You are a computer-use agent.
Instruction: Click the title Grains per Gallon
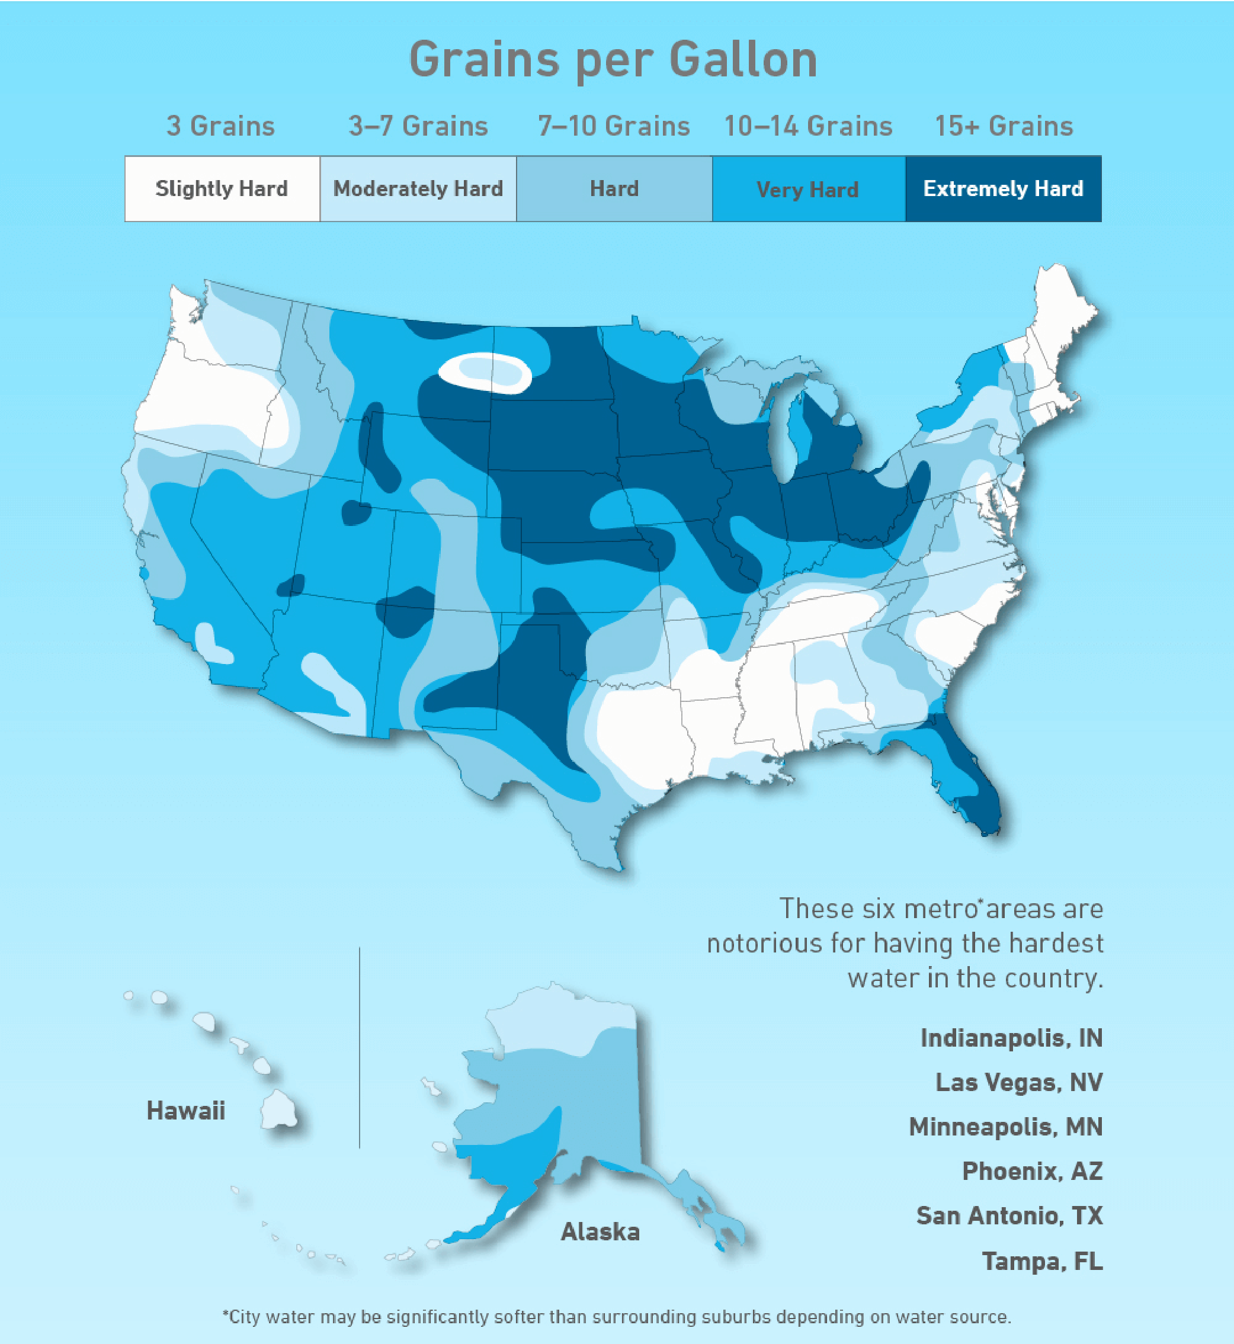(613, 60)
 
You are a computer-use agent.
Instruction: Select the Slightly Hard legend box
(222, 189)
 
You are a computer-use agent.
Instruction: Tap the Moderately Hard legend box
(418, 189)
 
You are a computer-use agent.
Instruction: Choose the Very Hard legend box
(808, 189)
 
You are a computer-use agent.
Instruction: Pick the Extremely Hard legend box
(1003, 189)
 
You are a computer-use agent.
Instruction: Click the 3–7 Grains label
(418, 126)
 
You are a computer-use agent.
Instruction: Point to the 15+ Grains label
(1004, 126)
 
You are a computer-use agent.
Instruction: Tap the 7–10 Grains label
(614, 126)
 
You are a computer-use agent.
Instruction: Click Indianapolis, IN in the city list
(1011, 1038)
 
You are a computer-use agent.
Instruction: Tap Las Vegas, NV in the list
(1018, 1082)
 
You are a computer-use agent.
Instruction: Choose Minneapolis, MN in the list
(1006, 1127)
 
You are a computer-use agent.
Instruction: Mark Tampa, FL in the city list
(1041, 1261)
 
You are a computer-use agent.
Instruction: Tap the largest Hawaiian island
(278, 1109)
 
